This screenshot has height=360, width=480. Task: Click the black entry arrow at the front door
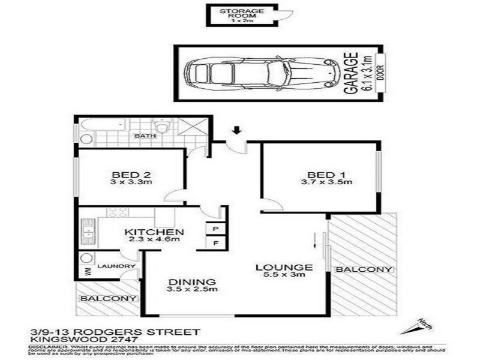[238, 129]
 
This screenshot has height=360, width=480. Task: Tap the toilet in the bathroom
[161, 126]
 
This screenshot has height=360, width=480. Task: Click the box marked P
[215, 229]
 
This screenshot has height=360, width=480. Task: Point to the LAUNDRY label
[111, 266]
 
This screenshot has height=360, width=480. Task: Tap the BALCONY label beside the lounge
[364, 269]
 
